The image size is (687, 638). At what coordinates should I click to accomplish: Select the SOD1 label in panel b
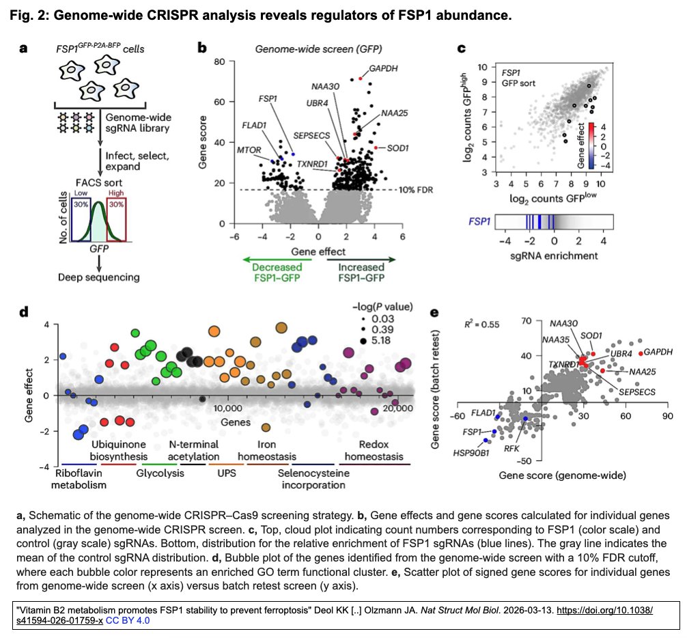390,148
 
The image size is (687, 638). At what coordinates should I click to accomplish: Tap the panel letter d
24,312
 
